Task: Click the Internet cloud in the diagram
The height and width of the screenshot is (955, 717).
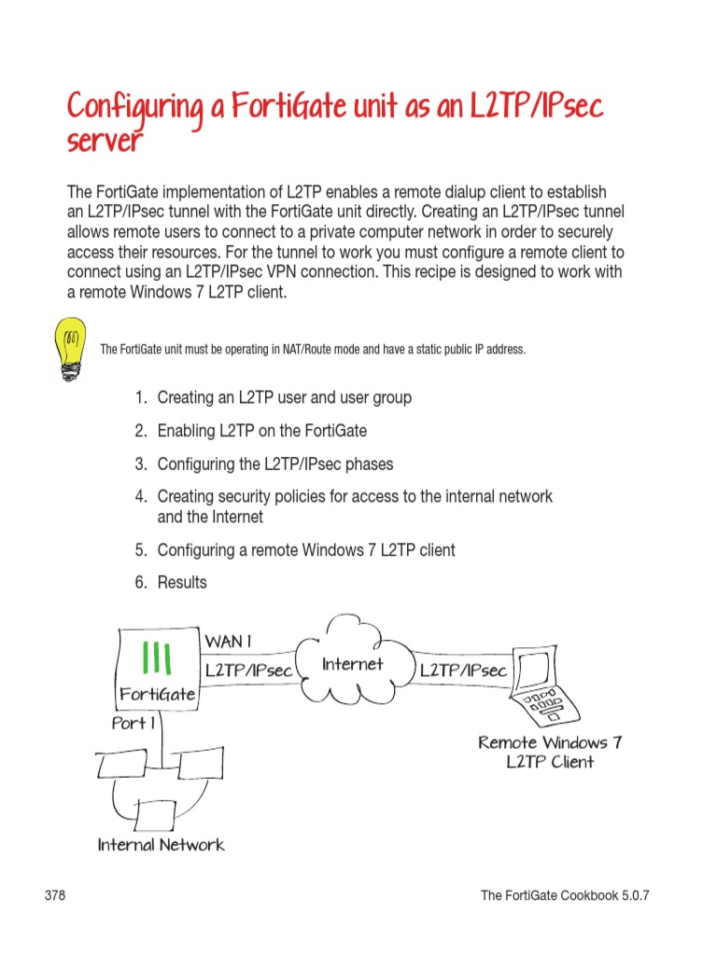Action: coord(352,667)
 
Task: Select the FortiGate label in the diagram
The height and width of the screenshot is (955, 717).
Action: coord(157,694)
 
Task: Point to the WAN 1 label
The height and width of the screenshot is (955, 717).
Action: coord(229,642)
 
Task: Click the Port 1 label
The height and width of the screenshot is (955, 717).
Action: coord(133,724)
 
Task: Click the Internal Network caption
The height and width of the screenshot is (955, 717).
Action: coord(161,845)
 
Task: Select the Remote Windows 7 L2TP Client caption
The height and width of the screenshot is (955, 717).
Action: coord(550,752)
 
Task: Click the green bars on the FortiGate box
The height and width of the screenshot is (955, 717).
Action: coord(155,658)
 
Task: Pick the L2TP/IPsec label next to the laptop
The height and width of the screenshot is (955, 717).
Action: coord(464,671)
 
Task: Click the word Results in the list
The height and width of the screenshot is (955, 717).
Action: coord(182,583)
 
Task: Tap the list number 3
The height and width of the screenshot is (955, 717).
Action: coord(141,464)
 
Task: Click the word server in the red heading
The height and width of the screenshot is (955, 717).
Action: coord(105,142)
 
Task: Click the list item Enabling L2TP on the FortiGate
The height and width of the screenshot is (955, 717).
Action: coord(261,431)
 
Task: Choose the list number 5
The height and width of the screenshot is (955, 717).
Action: coord(141,550)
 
